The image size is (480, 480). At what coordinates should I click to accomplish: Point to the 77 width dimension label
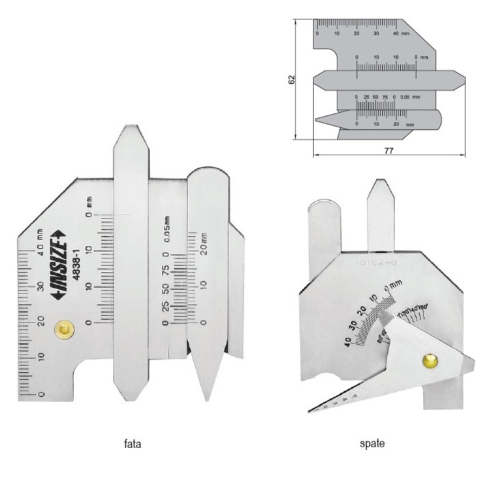[x=389, y=151]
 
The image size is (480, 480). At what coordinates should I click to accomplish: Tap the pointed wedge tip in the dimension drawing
[x=318, y=121]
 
